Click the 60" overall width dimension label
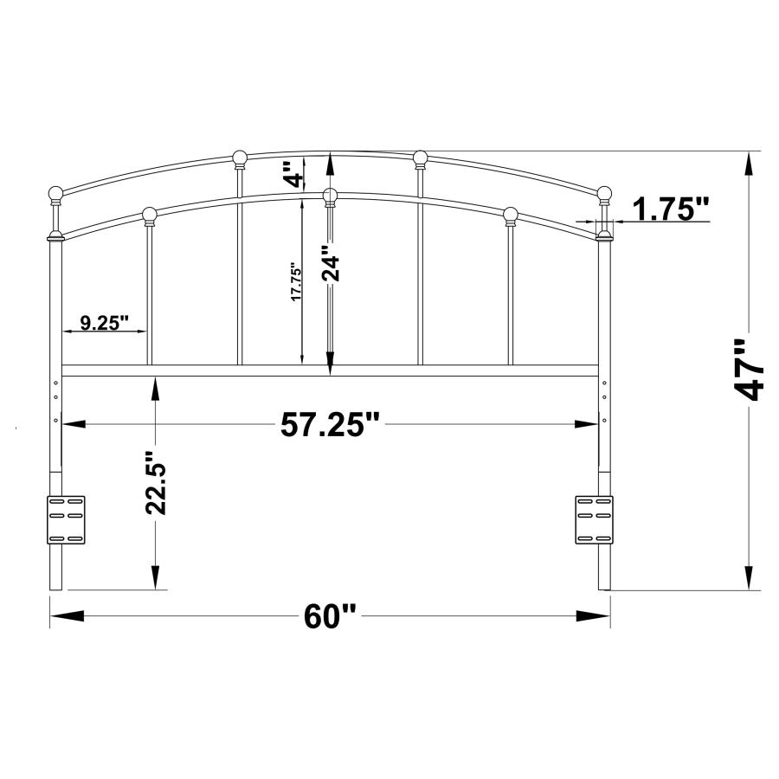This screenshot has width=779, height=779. coord(331,616)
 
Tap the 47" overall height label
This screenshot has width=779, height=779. coord(749,370)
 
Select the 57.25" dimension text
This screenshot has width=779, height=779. coord(331,424)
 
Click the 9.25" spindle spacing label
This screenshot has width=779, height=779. coord(105,323)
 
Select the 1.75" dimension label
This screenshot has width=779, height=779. coord(671,209)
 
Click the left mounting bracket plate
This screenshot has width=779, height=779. coord(66,519)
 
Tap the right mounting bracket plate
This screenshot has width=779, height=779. coord(594,519)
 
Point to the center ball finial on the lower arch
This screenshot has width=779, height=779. coord(330,196)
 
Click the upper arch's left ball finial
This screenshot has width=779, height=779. coord(240,158)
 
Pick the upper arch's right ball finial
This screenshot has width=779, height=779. coord(421,158)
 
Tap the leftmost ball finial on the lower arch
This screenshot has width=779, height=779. coord(149,214)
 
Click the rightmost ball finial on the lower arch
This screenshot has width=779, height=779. coord(511,214)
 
